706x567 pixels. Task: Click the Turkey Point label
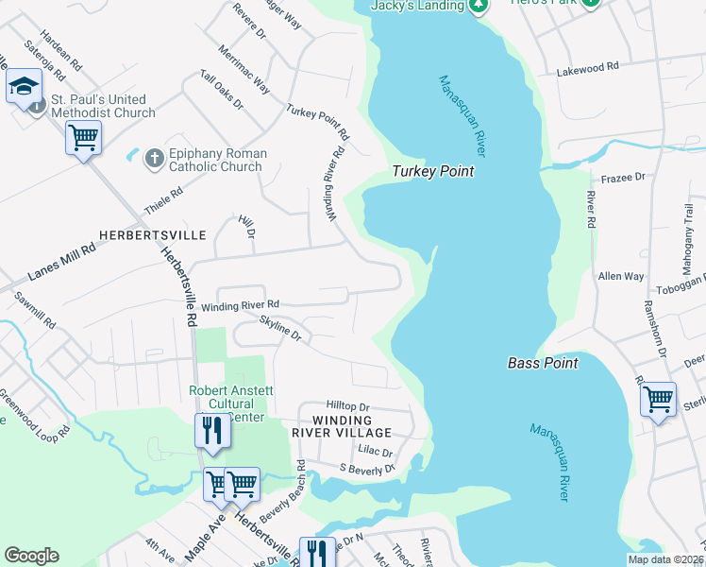[433, 172]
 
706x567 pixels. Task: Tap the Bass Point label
[543, 362]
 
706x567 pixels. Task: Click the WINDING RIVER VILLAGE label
[345, 426]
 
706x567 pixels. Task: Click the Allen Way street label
[621, 277]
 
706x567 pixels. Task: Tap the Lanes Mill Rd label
[62, 262]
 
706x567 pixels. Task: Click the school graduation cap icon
[24, 88]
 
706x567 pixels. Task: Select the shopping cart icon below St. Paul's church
[83, 138]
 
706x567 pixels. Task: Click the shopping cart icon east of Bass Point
[658, 398]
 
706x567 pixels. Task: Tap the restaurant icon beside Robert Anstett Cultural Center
[212, 431]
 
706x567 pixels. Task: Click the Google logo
[31, 556]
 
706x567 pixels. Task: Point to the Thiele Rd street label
[162, 197]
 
